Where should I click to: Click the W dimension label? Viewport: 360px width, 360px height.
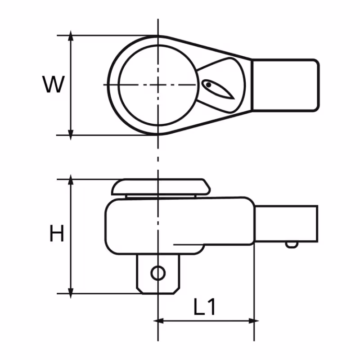point(54,85)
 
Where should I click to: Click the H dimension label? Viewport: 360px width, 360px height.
point(57,234)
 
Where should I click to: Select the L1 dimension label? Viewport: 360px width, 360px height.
point(205,308)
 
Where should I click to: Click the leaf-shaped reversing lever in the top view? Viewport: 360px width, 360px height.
point(218,89)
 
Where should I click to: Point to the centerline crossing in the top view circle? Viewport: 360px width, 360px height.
point(158,85)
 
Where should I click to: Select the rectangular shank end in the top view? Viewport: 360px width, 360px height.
point(285,85)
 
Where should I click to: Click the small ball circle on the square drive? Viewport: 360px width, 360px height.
point(158,273)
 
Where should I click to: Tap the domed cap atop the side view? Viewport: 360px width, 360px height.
point(161,186)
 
